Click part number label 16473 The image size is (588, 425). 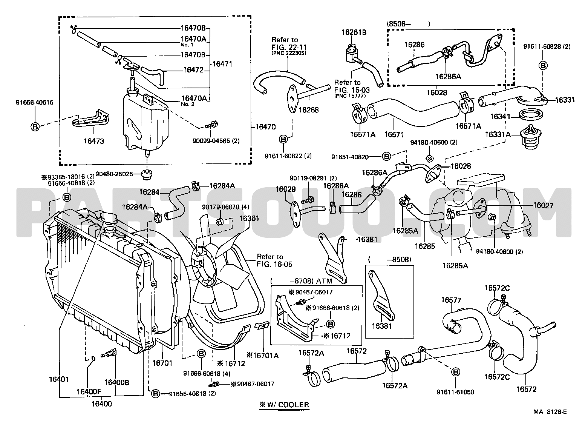point(94,141)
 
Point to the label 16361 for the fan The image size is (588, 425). point(249,218)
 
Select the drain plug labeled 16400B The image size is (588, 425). point(109,354)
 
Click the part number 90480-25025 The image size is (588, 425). point(114,174)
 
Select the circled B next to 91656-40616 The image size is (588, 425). point(35,127)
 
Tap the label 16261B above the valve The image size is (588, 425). point(354,32)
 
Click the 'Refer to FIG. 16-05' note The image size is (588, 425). point(274,260)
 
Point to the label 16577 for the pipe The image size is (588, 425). point(451,300)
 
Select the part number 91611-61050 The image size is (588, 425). point(455,392)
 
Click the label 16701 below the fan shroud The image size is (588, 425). point(162,363)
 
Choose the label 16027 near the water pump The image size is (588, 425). point(543,205)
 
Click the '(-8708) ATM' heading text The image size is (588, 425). point(302,281)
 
